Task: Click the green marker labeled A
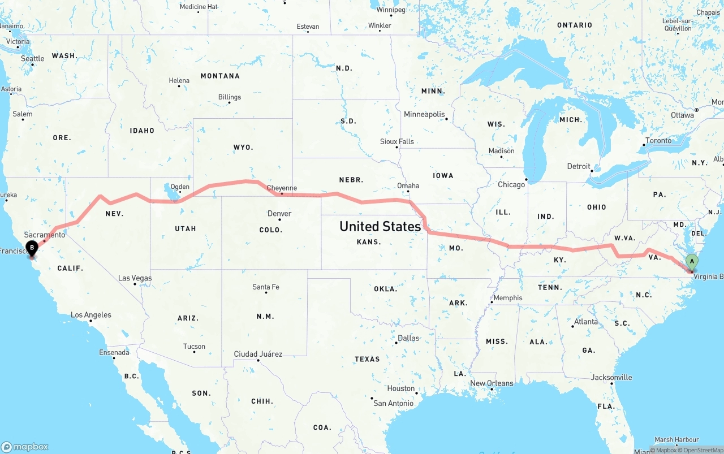(691, 262)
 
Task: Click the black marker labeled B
(32, 248)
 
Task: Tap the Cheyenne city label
(281, 188)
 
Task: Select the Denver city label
(279, 214)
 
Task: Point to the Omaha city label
(408, 185)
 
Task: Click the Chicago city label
(511, 185)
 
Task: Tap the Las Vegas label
(135, 278)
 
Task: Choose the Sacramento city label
(45, 235)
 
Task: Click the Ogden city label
(180, 187)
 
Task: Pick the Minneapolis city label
(424, 114)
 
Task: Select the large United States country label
(380, 227)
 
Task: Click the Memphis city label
(508, 298)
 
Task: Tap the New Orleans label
(492, 383)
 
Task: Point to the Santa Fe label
(265, 287)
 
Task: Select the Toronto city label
(658, 141)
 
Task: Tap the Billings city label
(230, 97)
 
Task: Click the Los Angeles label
(91, 315)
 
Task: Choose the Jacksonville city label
(611, 377)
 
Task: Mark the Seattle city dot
(32, 64)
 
